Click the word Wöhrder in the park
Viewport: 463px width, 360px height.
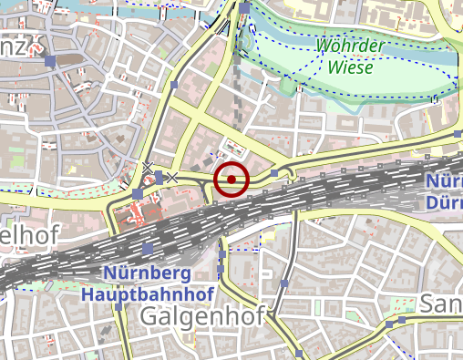tap(349, 46)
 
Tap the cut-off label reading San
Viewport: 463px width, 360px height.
tap(440, 305)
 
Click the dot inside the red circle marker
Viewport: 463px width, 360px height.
tap(232, 180)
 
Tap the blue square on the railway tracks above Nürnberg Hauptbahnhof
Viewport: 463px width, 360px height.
tap(148, 249)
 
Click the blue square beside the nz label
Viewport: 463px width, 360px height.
tap(50, 61)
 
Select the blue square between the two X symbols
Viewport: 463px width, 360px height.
tap(159, 176)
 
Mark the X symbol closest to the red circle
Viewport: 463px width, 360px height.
tap(170, 177)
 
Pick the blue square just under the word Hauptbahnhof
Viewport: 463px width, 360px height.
tap(118, 307)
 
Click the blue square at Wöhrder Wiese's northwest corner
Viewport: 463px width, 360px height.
tap(245, 8)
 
